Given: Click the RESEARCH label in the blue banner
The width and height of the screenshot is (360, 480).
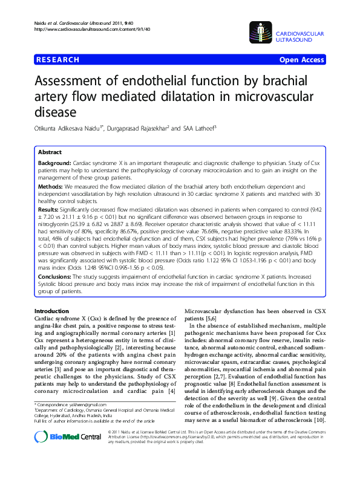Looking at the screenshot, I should point(58,60).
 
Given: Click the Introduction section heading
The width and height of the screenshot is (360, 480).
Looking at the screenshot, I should point(53,311).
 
